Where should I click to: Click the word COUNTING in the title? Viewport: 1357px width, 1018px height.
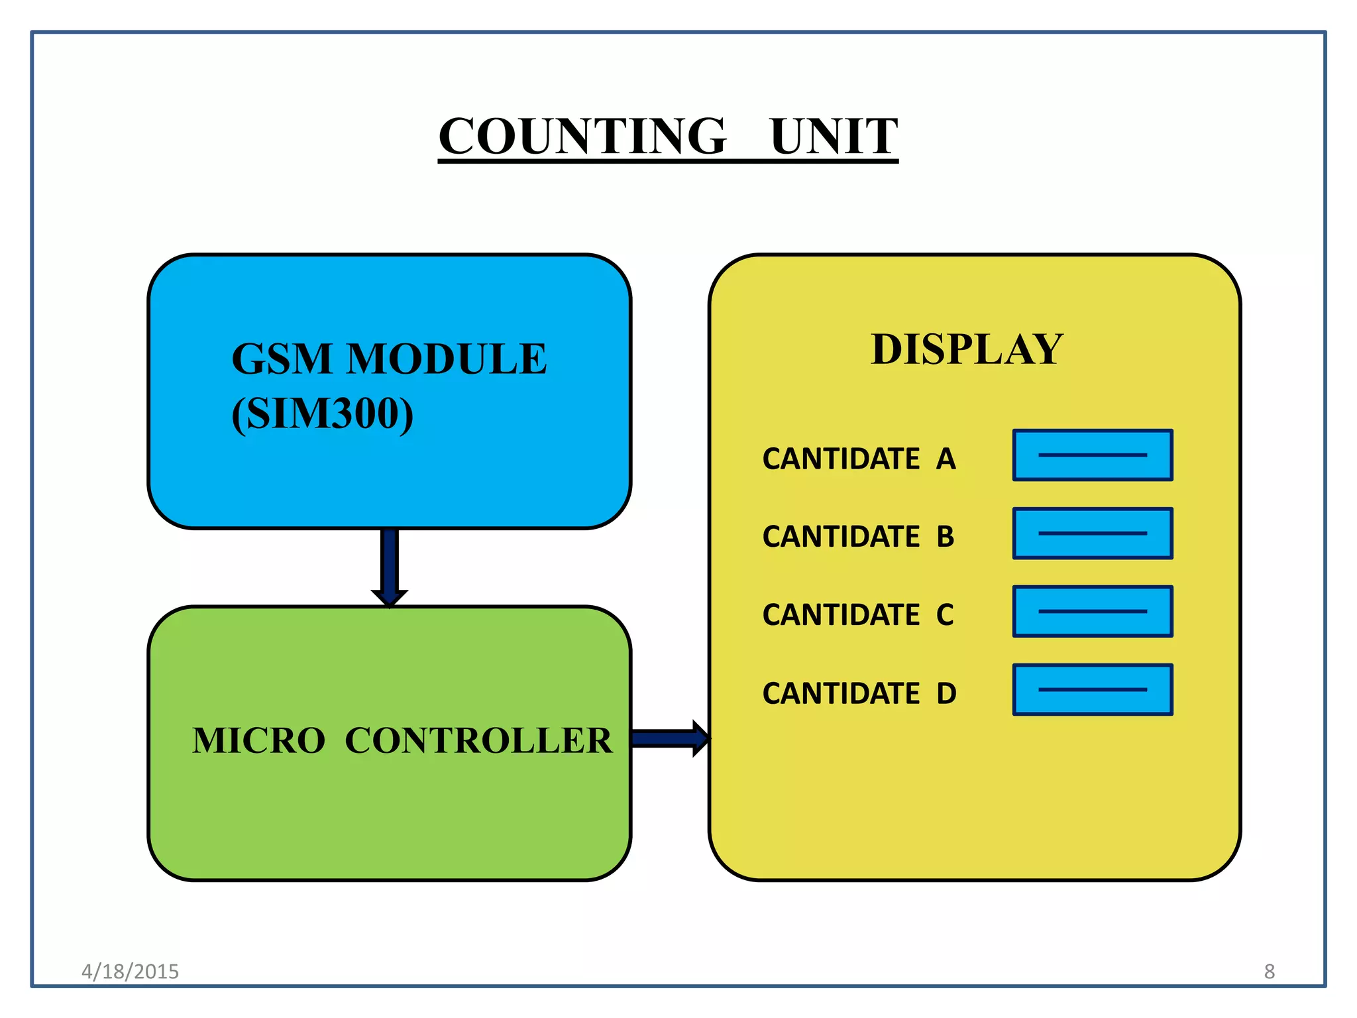[582, 137]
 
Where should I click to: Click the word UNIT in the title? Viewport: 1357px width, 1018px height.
[834, 137]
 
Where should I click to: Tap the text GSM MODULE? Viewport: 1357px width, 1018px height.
[389, 359]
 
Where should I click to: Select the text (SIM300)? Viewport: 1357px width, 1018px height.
[323, 414]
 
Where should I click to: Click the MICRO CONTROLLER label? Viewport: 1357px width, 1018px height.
[402, 740]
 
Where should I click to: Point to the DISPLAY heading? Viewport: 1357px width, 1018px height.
[967, 349]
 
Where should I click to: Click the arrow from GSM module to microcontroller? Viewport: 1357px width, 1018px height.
[390, 567]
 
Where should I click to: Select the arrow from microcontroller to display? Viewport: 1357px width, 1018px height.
[669, 738]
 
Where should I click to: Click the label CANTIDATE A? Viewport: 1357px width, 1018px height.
[859, 459]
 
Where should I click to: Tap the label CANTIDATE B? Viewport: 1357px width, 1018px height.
[858, 536]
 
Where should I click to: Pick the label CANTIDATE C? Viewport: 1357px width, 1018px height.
[858, 614]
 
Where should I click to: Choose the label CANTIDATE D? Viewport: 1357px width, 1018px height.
[859, 693]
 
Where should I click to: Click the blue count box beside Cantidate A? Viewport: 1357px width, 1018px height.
[1093, 455]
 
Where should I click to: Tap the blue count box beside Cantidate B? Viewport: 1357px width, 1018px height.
[1093, 534]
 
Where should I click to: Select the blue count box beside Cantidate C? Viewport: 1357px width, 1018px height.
[1093, 612]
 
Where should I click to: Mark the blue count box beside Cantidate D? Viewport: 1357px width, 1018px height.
[1093, 690]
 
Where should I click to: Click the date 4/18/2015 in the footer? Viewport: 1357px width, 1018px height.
[130, 972]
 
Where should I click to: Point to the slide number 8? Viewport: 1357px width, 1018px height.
[1269, 972]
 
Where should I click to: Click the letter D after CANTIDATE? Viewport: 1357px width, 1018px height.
[946, 693]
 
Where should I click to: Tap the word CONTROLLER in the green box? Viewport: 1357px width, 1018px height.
[478, 740]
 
